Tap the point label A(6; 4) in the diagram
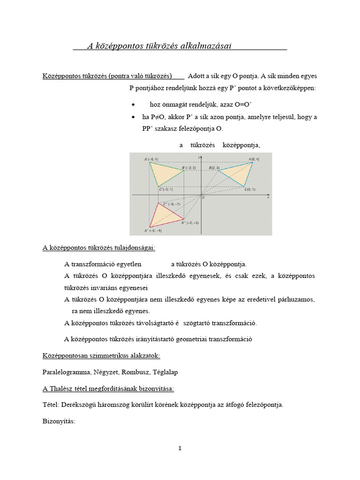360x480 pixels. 254,159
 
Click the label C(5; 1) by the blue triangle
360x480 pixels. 249,189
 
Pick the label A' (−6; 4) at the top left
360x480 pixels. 151,159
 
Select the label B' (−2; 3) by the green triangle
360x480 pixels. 189,167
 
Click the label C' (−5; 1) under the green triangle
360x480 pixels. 165,189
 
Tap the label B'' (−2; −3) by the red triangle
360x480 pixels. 190,223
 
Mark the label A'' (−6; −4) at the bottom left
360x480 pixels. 153,231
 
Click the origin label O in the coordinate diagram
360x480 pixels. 203,198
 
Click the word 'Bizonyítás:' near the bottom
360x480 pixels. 59,421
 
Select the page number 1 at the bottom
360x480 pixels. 180,449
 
